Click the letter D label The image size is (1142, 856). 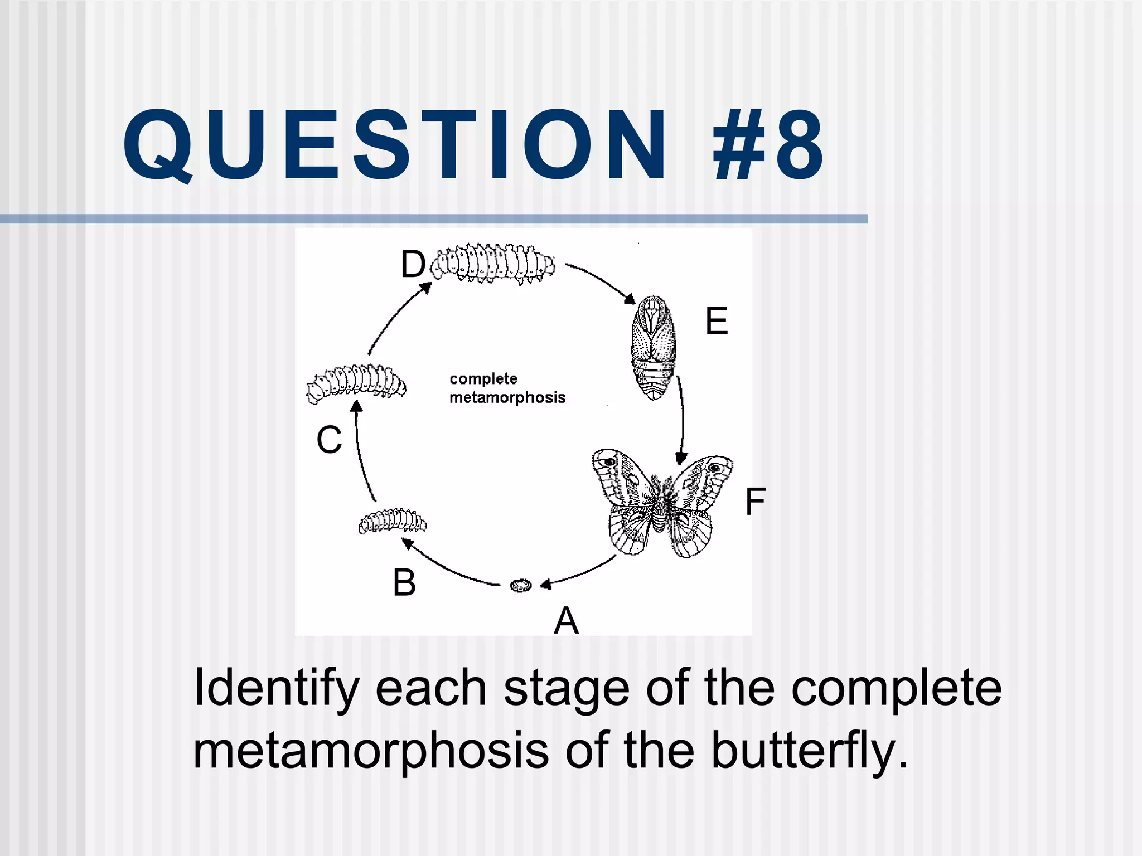pyautogui.click(x=413, y=264)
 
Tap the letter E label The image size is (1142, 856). pyautogui.click(x=717, y=322)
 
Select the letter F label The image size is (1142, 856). pyautogui.click(x=755, y=502)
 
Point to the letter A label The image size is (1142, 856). pyautogui.click(x=566, y=620)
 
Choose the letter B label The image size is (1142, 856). pyautogui.click(x=404, y=583)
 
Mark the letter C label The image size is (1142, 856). pyautogui.click(x=329, y=440)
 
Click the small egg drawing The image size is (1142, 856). pyautogui.click(x=521, y=585)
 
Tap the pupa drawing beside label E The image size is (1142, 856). pyautogui.click(x=654, y=348)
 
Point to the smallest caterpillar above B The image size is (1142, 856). pyautogui.click(x=392, y=522)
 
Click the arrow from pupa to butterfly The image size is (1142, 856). pyautogui.click(x=681, y=418)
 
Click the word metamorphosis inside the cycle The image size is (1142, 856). pyautogui.click(x=507, y=397)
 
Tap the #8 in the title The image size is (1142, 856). pyautogui.click(x=768, y=147)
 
